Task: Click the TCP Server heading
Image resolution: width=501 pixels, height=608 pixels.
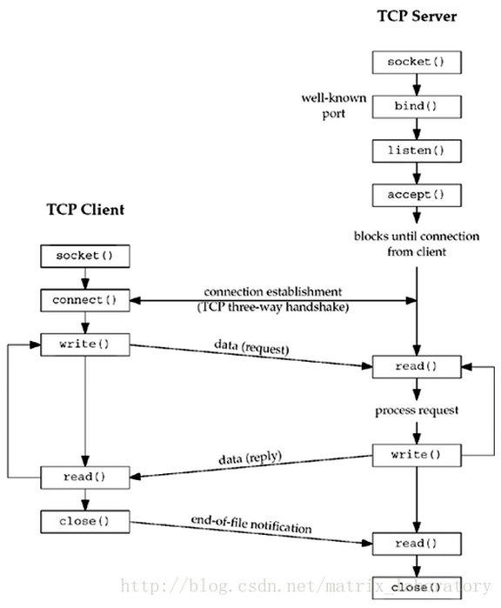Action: point(416,17)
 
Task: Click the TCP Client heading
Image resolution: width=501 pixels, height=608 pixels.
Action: point(85,210)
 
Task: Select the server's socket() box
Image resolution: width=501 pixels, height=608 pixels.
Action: point(416,63)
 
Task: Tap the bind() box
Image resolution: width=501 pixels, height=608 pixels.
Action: point(416,106)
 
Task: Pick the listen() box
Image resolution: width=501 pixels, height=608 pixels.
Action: point(416,150)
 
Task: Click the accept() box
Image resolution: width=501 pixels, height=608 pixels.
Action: point(416,194)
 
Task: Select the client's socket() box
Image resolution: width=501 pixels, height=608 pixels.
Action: point(85,257)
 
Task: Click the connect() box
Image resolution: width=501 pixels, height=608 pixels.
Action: point(85,300)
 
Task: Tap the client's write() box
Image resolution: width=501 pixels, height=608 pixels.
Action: point(85,344)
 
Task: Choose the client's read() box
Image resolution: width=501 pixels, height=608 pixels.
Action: point(85,477)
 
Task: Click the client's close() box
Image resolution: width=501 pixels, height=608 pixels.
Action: point(85,521)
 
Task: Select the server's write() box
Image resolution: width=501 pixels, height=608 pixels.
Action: point(416,454)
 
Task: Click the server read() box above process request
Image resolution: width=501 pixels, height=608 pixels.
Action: point(416,366)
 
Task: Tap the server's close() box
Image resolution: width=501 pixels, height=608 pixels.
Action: point(416,587)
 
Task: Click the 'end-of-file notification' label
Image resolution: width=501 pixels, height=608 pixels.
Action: point(251,524)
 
